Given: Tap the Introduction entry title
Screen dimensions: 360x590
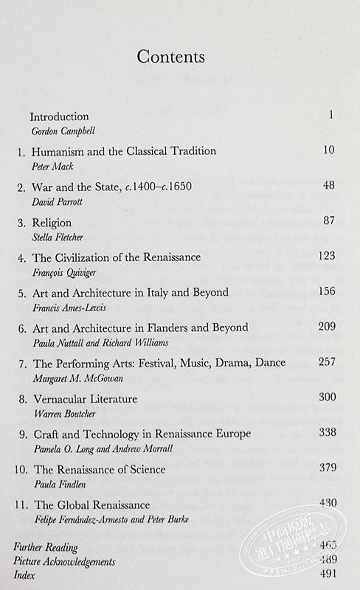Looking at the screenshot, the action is (59, 117).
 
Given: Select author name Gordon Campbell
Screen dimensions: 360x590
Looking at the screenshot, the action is (63, 131).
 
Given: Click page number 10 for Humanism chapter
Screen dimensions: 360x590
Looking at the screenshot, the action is (329, 151).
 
